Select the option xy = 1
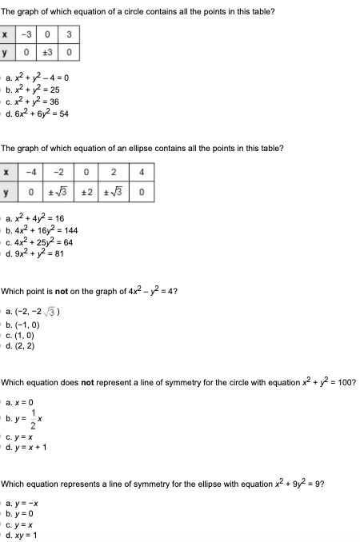[x=27, y=535]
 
